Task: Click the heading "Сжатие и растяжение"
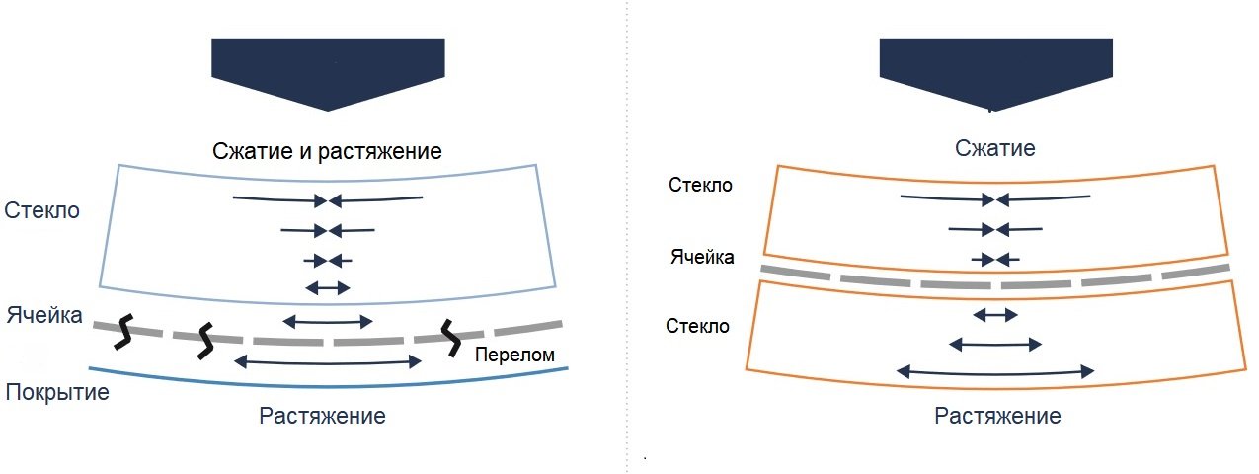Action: click(327, 152)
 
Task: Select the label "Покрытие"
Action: click(56, 392)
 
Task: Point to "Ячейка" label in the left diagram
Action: click(45, 318)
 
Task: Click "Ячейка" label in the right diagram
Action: click(702, 258)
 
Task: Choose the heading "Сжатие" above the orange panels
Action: click(996, 149)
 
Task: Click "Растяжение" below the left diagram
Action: click(322, 415)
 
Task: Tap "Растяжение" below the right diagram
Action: click(997, 416)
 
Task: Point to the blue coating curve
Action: click(326, 383)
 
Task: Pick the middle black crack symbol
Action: click(205, 340)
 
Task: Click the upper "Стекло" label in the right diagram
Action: click(700, 185)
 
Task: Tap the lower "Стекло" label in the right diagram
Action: click(698, 326)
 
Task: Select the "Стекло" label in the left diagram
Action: click(41, 210)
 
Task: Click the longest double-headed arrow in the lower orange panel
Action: click(995, 371)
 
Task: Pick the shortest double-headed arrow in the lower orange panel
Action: click(995, 315)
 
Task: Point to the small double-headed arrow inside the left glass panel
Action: click(327, 287)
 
